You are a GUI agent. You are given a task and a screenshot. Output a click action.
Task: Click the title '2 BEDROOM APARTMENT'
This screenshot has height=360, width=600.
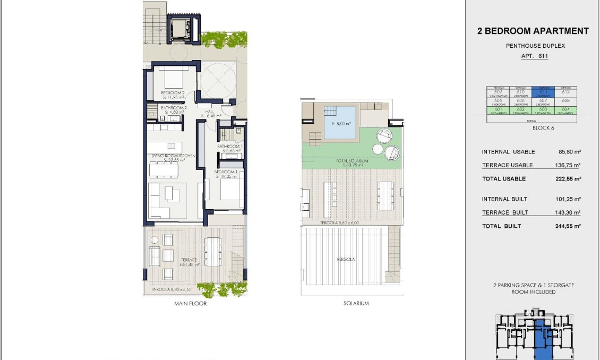[x=533, y=31]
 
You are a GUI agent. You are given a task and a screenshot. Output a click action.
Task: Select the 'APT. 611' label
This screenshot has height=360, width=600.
[x=534, y=56]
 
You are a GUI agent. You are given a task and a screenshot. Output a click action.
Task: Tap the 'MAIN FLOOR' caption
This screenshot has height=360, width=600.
[x=190, y=304]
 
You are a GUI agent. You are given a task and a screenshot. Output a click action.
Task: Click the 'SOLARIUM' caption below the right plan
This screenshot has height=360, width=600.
[x=356, y=304]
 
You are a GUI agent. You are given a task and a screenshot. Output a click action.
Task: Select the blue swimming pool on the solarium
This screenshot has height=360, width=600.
[x=340, y=122]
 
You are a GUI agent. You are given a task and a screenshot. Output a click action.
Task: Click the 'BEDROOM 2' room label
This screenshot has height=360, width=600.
[x=173, y=93]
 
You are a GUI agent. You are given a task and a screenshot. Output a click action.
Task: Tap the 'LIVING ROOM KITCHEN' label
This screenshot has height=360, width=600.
[x=173, y=156]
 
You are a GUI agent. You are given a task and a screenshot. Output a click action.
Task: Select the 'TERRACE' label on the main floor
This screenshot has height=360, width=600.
[x=188, y=260]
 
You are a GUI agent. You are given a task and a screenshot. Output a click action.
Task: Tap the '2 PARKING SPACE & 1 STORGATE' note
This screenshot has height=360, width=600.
[x=534, y=285]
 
